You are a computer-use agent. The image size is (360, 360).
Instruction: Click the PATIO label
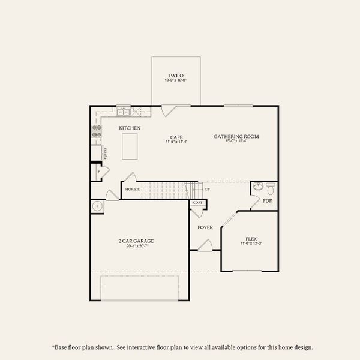pyautogui.click(x=176, y=76)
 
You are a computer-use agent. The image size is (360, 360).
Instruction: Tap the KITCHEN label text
pyautogui.click(x=130, y=128)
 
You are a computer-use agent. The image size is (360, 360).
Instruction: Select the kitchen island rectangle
pyautogui.click(x=130, y=146)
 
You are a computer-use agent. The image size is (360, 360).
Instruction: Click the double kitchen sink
pyautogui.click(x=124, y=112)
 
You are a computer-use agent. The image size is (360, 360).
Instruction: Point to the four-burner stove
pyautogui.click(x=96, y=131)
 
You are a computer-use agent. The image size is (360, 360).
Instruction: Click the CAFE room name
pyautogui.click(x=176, y=137)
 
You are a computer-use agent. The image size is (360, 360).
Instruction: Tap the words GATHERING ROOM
pyautogui.click(x=236, y=137)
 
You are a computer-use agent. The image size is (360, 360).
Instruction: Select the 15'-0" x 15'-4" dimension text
pyautogui.click(x=236, y=142)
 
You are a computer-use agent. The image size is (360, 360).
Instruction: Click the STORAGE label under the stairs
pyautogui.click(x=132, y=190)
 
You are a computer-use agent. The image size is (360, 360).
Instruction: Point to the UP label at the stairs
pyautogui.click(x=207, y=190)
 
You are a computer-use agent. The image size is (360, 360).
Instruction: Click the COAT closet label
pyautogui.click(x=198, y=203)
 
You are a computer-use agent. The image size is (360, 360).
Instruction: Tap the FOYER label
pyautogui.click(x=205, y=227)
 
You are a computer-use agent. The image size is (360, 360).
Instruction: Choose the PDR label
pyautogui.click(x=268, y=200)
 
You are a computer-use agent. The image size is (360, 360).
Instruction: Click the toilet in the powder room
pyautogui.click(x=271, y=189)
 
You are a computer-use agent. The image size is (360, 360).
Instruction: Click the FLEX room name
pyautogui.click(x=251, y=238)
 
